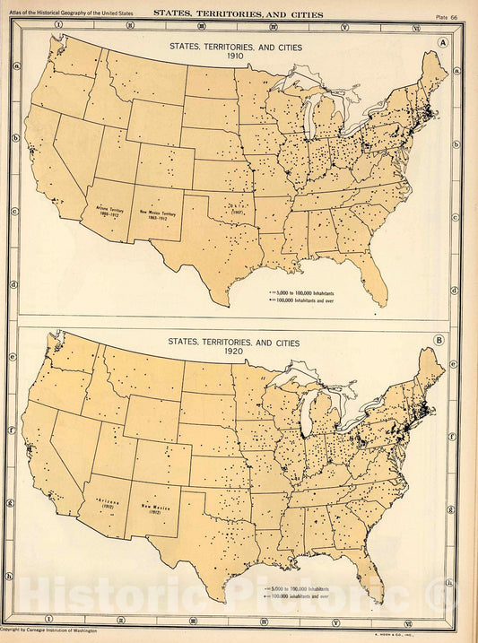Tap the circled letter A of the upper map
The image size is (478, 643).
pyautogui.click(x=442, y=42)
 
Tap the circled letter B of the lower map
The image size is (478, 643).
pyautogui.click(x=439, y=341)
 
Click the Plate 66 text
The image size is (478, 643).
pyautogui.click(x=447, y=15)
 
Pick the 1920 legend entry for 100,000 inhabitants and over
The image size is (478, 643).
pyautogui.click(x=303, y=594)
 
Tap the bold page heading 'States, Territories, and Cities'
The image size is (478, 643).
pyautogui.click(x=238, y=14)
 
